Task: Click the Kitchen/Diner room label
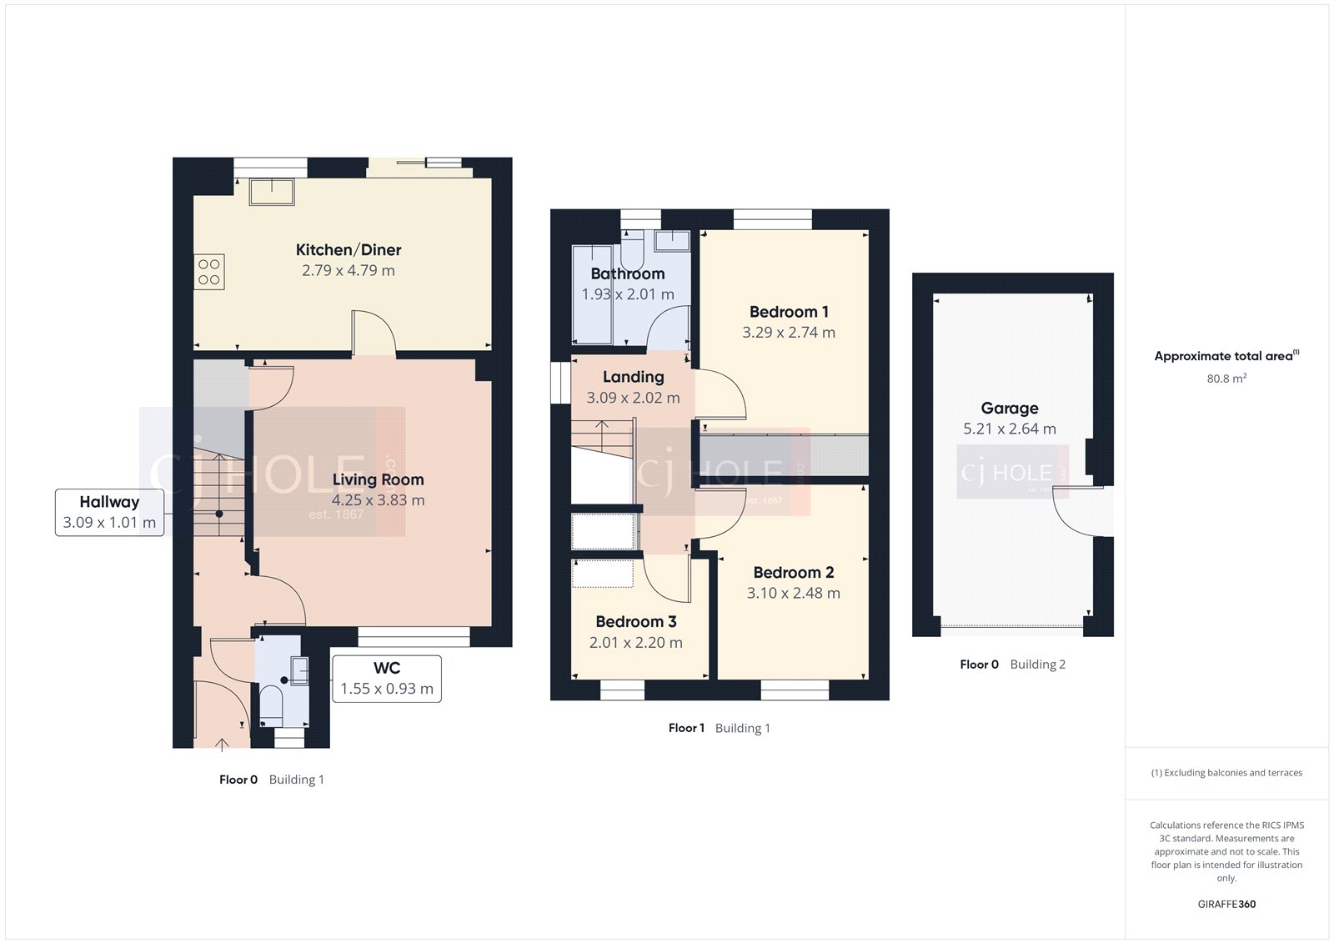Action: tap(349, 250)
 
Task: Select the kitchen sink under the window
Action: tap(272, 192)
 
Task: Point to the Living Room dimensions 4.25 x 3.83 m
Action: tap(378, 500)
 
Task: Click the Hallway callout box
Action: tap(109, 512)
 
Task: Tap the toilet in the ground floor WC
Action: tap(271, 705)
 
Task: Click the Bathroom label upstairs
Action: tap(627, 273)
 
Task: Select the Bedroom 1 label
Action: tap(789, 312)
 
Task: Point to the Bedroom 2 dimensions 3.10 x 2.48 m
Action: tap(793, 593)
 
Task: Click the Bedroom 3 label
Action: tap(635, 622)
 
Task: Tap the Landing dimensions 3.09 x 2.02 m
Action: tap(633, 398)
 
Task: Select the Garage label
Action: tap(1010, 409)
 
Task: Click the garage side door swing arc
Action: tap(1076, 517)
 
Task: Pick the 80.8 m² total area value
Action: tap(1226, 379)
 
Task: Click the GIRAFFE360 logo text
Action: tap(1226, 904)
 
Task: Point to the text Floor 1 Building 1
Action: tap(719, 728)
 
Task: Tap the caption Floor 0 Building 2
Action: tap(1012, 665)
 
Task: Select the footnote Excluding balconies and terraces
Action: tap(1226, 773)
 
